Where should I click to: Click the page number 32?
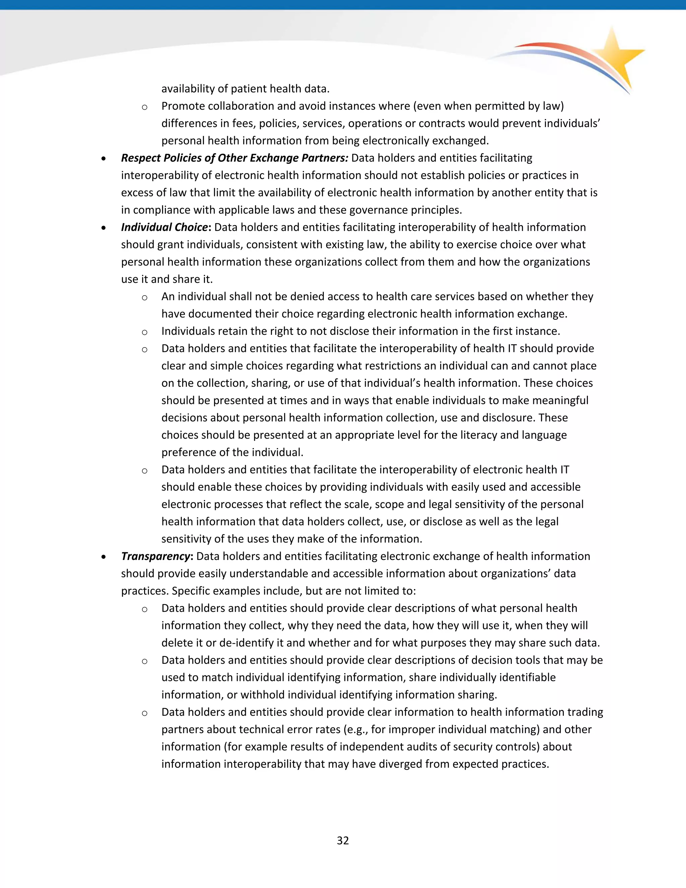click(x=343, y=840)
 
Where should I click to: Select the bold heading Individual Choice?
click(x=164, y=227)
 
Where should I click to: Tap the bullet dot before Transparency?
click(x=104, y=557)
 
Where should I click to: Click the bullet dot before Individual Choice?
click(x=104, y=228)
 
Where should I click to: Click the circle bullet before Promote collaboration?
click(x=144, y=107)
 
